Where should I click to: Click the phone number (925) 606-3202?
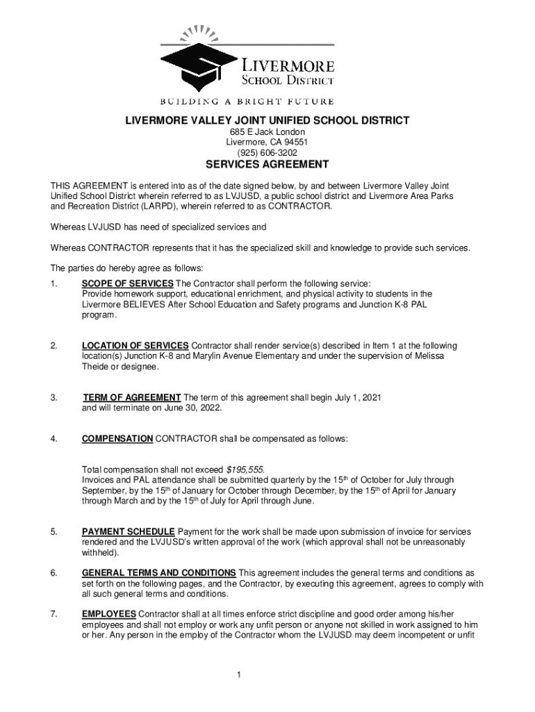pos(267,152)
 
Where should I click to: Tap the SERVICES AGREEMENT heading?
pos(267,165)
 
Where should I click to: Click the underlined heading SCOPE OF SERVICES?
pos(128,284)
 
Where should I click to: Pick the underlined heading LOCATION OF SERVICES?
pos(135,346)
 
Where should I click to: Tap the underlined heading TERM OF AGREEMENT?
pos(132,398)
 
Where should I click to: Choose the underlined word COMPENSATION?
pos(117,439)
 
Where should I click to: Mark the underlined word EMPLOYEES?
pos(109,615)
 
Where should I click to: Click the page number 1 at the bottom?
pos(238,675)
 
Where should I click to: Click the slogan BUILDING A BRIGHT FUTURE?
pos(248,102)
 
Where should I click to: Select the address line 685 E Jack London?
pos(267,132)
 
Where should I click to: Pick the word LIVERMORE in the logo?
pos(287,67)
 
